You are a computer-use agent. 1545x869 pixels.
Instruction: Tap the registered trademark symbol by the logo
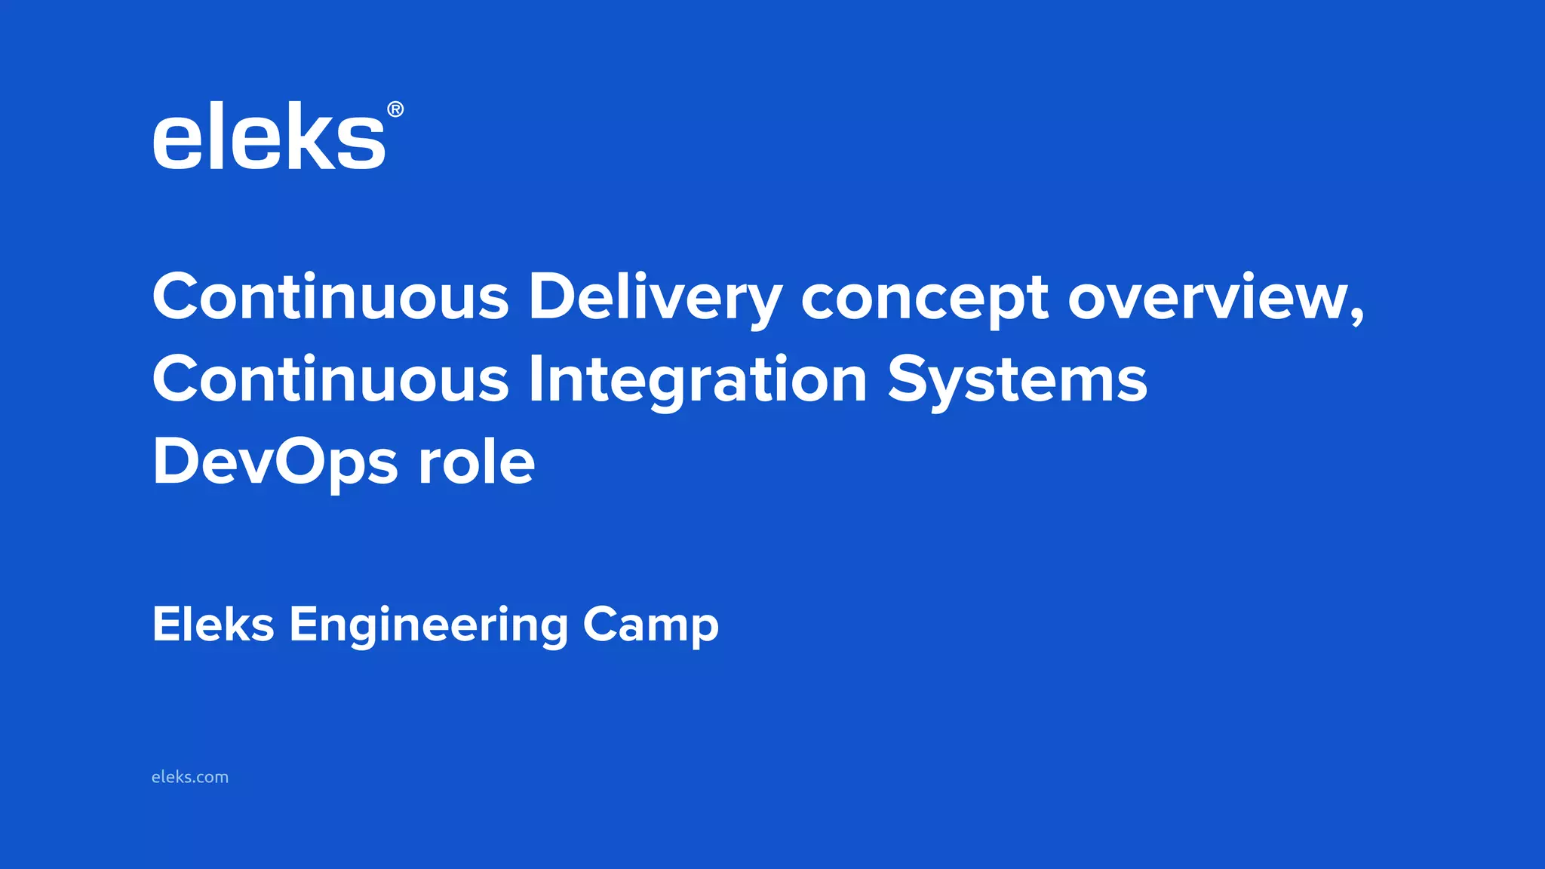pos(395,110)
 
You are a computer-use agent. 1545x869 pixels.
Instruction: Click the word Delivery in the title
pos(655,297)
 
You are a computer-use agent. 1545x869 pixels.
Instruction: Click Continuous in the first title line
pos(331,297)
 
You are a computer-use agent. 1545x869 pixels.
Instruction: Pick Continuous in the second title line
pos(331,379)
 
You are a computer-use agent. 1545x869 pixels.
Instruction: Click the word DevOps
pos(275,463)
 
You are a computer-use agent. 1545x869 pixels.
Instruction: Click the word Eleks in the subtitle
pos(213,625)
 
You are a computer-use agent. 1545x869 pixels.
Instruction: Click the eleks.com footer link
pos(190,777)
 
